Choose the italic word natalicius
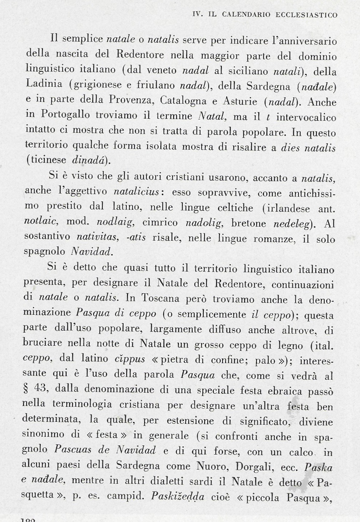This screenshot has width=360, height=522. (136, 192)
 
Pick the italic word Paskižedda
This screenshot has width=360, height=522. (177, 497)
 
